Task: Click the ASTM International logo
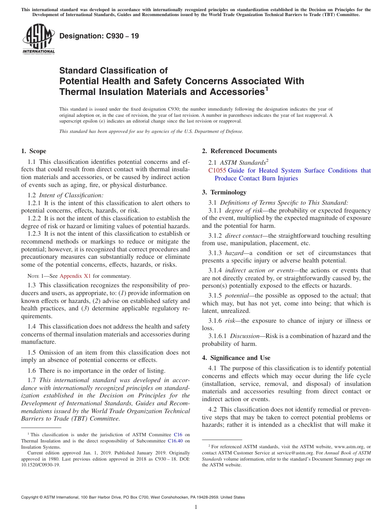pyautogui.click(x=38, y=39)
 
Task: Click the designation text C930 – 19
pyautogui.click(x=99, y=36)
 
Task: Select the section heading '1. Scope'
pyautogui.click(x=34, y=151)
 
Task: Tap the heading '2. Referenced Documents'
pyautogui.click(x=239, y=151)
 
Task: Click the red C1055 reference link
pyautogui.click(x=217, y=170)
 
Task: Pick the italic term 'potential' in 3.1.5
pyautogui.click(x=237, y=296)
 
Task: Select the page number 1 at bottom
pyautogui.click(x=196, y=507)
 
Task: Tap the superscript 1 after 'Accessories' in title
pyautogui.click(x=267, y=89)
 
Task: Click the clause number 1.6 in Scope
pyautogui.click(x=31, y=371)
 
